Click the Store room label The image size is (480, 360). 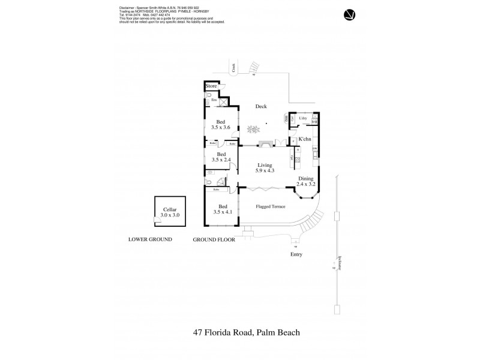tap(211, 86)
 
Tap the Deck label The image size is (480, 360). tap(260, 106)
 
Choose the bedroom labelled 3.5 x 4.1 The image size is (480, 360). tap(222, 209)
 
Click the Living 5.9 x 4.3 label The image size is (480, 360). tap(265, 168)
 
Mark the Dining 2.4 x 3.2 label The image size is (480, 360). tap(306, 182)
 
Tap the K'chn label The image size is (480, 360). tap(304, 139)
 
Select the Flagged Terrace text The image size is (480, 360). tap(270, 206)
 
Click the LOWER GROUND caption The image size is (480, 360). tap(150, 239)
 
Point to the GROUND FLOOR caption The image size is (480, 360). tap(212, 239)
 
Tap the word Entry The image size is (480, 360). tap(296, 254)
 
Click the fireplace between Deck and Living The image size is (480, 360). tap(265, 144)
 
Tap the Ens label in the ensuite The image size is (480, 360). tap(214, 99)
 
